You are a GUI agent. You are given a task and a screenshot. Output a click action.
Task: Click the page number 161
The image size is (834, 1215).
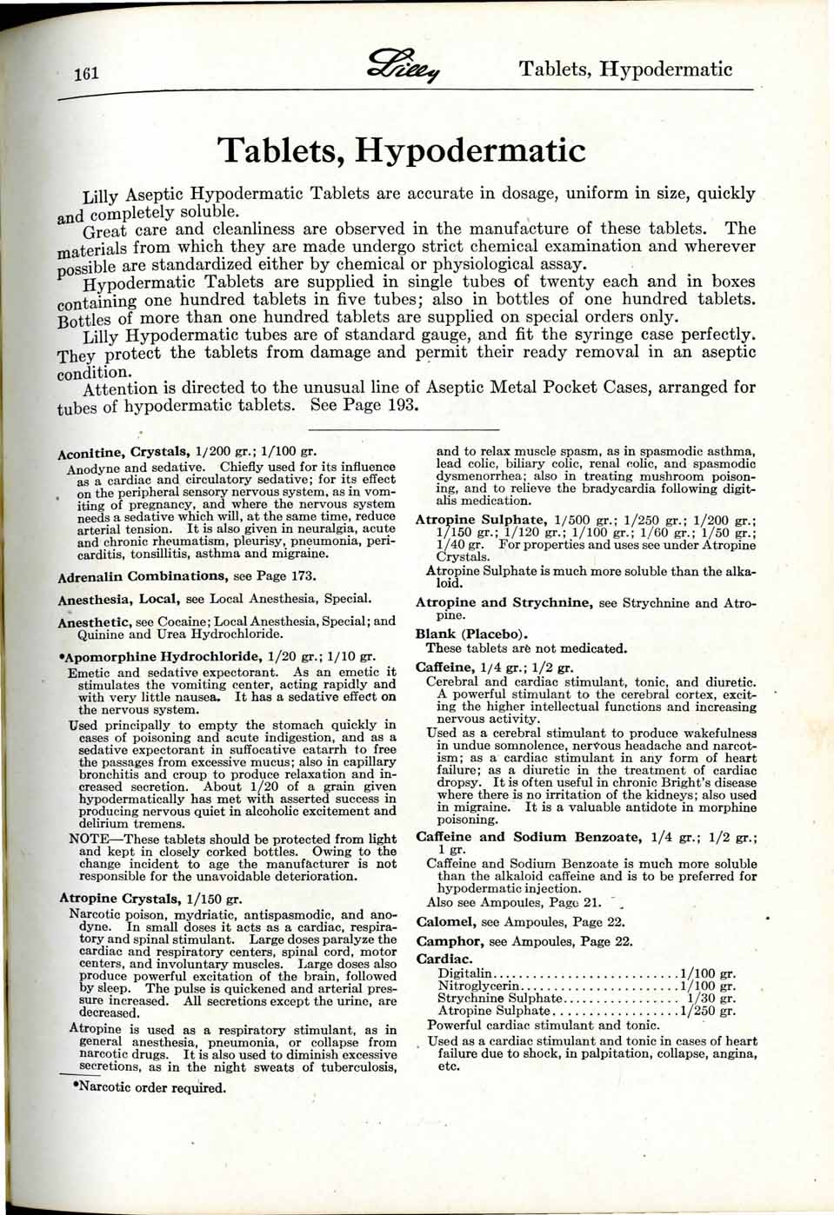(x=87, y=73)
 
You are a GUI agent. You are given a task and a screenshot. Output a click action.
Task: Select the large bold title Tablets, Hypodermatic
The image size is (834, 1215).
(x=402, y=150)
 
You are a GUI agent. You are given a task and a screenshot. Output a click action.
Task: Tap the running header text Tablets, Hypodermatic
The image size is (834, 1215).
(x=625, y=69)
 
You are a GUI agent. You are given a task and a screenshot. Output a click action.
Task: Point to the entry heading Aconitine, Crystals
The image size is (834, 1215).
(x=123, y=452)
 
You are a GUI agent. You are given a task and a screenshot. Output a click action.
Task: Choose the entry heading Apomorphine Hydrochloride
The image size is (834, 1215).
(x=162, y=656)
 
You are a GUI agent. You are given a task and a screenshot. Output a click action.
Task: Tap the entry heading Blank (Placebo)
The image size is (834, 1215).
(x=471, y=634)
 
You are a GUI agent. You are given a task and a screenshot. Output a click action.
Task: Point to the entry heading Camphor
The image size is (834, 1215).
(x=449, y=941)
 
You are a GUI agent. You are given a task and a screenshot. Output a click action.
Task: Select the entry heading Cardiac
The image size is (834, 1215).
(x=444, y=959)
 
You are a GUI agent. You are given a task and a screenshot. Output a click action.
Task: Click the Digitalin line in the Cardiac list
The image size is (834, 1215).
(x=587, y=973)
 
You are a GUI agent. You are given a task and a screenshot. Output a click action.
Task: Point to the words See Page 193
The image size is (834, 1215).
(x=364, y=406)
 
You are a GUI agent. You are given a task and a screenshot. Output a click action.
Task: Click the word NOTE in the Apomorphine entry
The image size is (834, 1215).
(x=89, y=840)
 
